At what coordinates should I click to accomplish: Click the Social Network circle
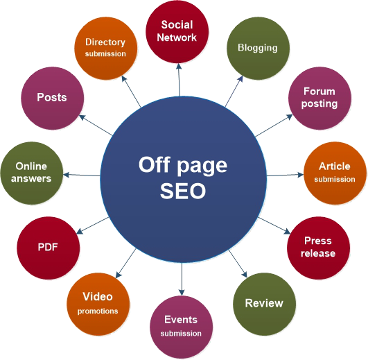pyautogui.click(x=177, y=32)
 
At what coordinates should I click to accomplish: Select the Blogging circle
pyautogui.click(x=258, y=48)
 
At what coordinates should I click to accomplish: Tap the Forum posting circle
pyautogui.click(x=319, y=98)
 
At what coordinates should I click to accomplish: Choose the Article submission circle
pyautogui.click(x=335, y=173)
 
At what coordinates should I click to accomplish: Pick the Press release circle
pyautogui.click(x=318, y=248)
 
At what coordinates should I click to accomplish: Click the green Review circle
pyautogui.click(x=264, y=304)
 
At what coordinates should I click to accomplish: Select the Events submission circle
pyautogui.click(x=182, y=327)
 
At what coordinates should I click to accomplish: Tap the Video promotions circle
pyautogui.click(x=98, y=304)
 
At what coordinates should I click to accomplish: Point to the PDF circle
pyautogui.click(x=48, y=248)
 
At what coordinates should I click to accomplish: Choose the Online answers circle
pyautogui.click(x=32, y=173)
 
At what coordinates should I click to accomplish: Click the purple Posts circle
pyautogui.click(x=53, y=98)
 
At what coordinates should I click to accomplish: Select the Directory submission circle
pyautogui.click(x=106, y=48)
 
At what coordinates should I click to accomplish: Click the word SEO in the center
pyautogui.click(x=183, y=191)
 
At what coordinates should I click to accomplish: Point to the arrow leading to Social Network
pyautogui.click(x=179, y=80)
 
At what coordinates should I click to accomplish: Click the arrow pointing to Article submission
pyautogui.click(x=285, y=175)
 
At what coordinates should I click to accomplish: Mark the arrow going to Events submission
pyautogui.click(x=182, y=279)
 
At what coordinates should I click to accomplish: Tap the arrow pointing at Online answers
pyautogui.click(x=82, y=175)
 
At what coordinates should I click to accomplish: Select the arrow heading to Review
pyautogui.click(x=238, y=264)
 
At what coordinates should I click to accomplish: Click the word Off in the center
pyautogui.click(x=153, y=164)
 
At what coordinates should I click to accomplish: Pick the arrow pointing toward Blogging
pyautogui.click(x=234, y=91)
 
